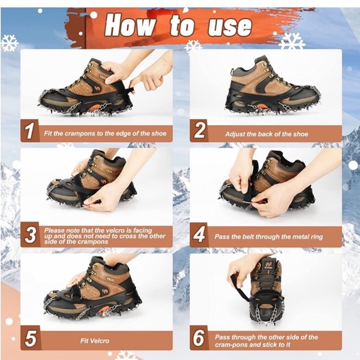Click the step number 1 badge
[x=30, y=131]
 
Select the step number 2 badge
[x=199, y=131]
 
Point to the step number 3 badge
[x=30, y=235]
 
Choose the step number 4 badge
[x=199, y=235]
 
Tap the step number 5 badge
[x=30, y=338]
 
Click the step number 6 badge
[x=199, y=338]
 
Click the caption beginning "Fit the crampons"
[x=104, y=133]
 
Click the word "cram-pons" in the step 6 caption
[x=233, y=344]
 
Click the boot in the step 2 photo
[x=270, y=87]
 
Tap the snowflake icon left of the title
[x=9, y=43]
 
